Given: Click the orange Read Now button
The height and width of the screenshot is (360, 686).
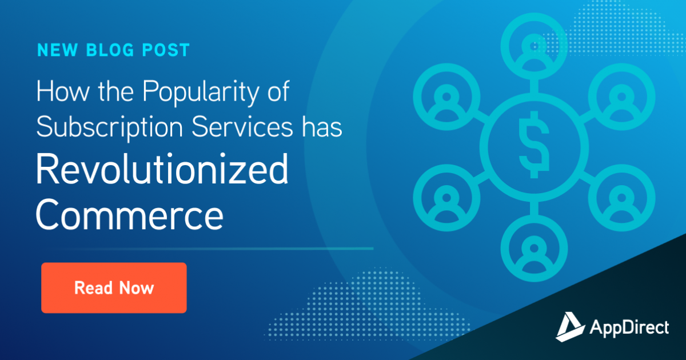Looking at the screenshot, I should tap(114, 287).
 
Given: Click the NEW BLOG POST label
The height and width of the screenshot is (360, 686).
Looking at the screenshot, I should tap(113, 50).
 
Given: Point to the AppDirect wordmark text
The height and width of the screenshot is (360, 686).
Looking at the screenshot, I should tap(629, 327).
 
